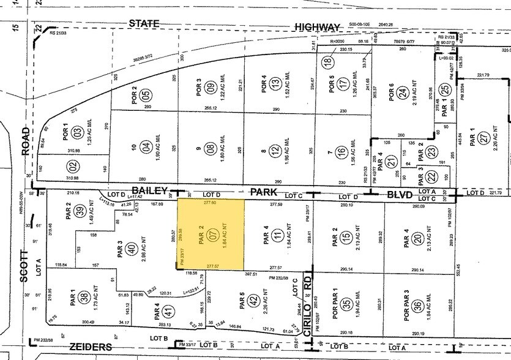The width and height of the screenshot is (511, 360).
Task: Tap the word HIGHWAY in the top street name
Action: click(316, 27)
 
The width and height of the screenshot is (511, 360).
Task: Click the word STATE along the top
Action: click(144, 24)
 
